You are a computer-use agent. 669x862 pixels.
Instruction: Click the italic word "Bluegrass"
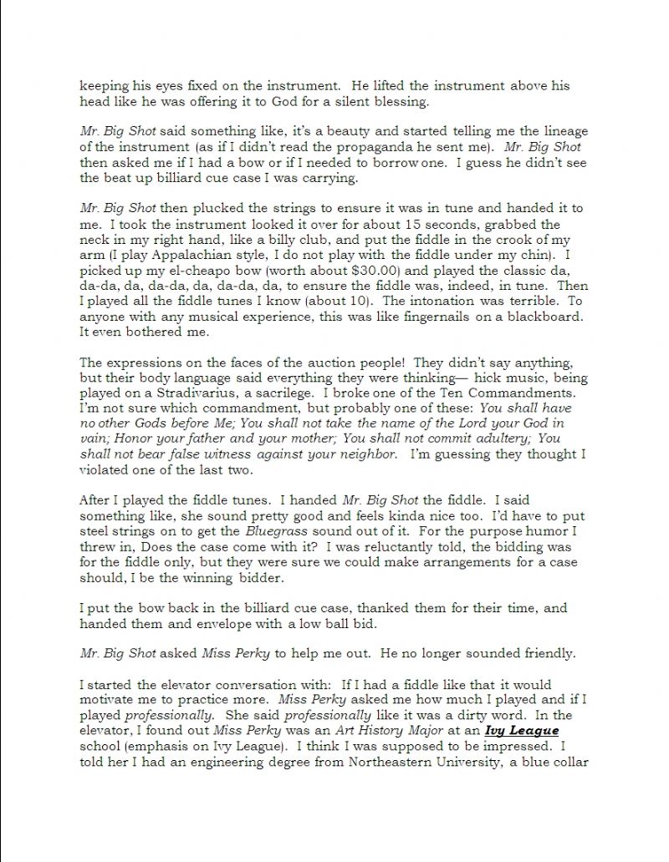tap(276, 531)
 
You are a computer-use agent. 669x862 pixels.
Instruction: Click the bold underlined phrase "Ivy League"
tap(517, 730)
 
